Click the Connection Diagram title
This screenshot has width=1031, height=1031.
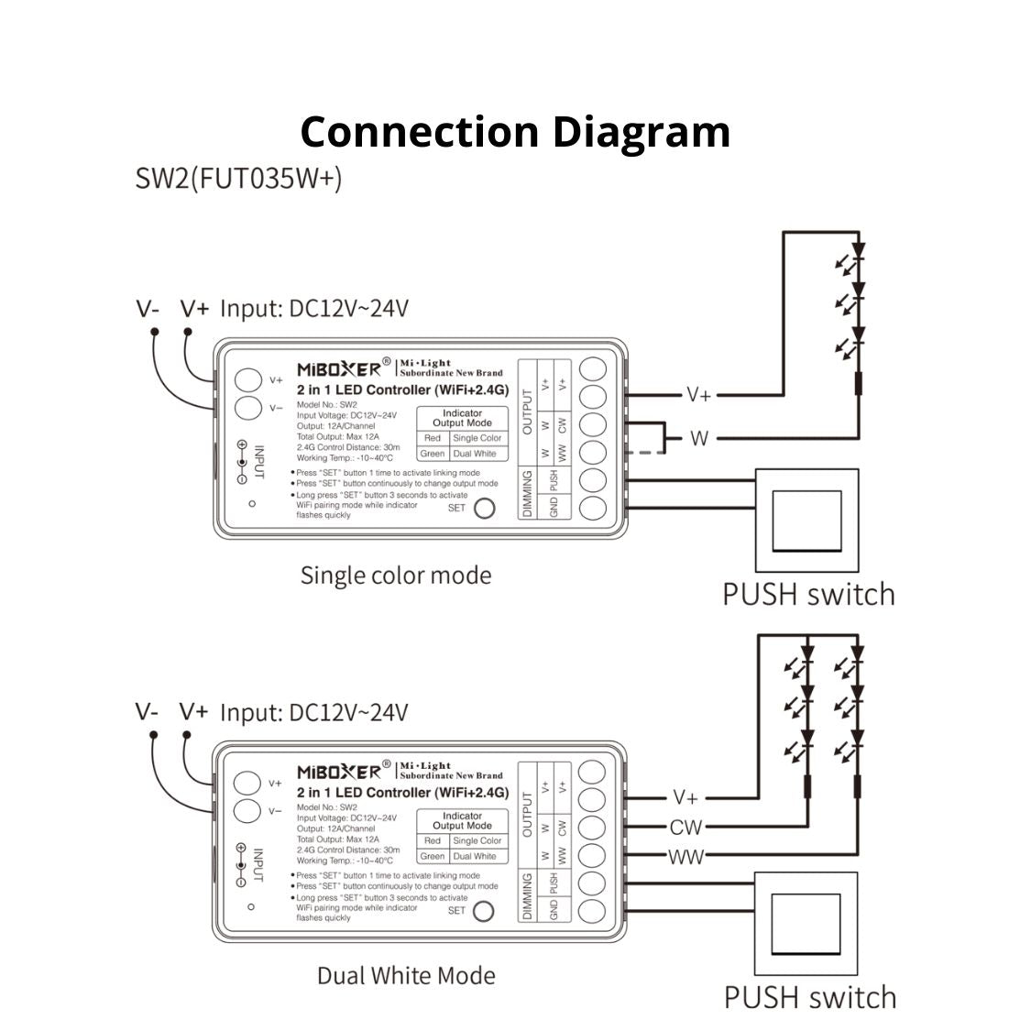coord(515,131)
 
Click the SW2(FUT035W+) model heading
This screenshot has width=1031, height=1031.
coord(238,177)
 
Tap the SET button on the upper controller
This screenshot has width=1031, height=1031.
coord(483,508)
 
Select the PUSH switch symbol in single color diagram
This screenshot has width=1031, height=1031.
coord(806,521)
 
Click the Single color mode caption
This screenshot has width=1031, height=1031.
coord(396,576)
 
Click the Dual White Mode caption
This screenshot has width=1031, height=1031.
coord(406,975)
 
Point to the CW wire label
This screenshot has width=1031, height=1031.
coord(686,828)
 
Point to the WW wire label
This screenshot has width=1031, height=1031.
coord(686,858)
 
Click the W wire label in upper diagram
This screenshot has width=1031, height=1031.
coord(699,439)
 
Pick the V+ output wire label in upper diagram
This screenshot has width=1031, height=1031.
coord(698,395)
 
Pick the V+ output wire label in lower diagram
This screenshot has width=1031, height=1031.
coord(686,797)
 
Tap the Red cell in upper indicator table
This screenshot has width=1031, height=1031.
coord(433,438)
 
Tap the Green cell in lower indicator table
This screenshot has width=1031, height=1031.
coord(433,856)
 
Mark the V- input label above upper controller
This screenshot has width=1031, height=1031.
coord(148,308)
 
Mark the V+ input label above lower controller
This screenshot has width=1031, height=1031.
coord(193,711)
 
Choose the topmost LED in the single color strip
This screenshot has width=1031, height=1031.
coord(858,249)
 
